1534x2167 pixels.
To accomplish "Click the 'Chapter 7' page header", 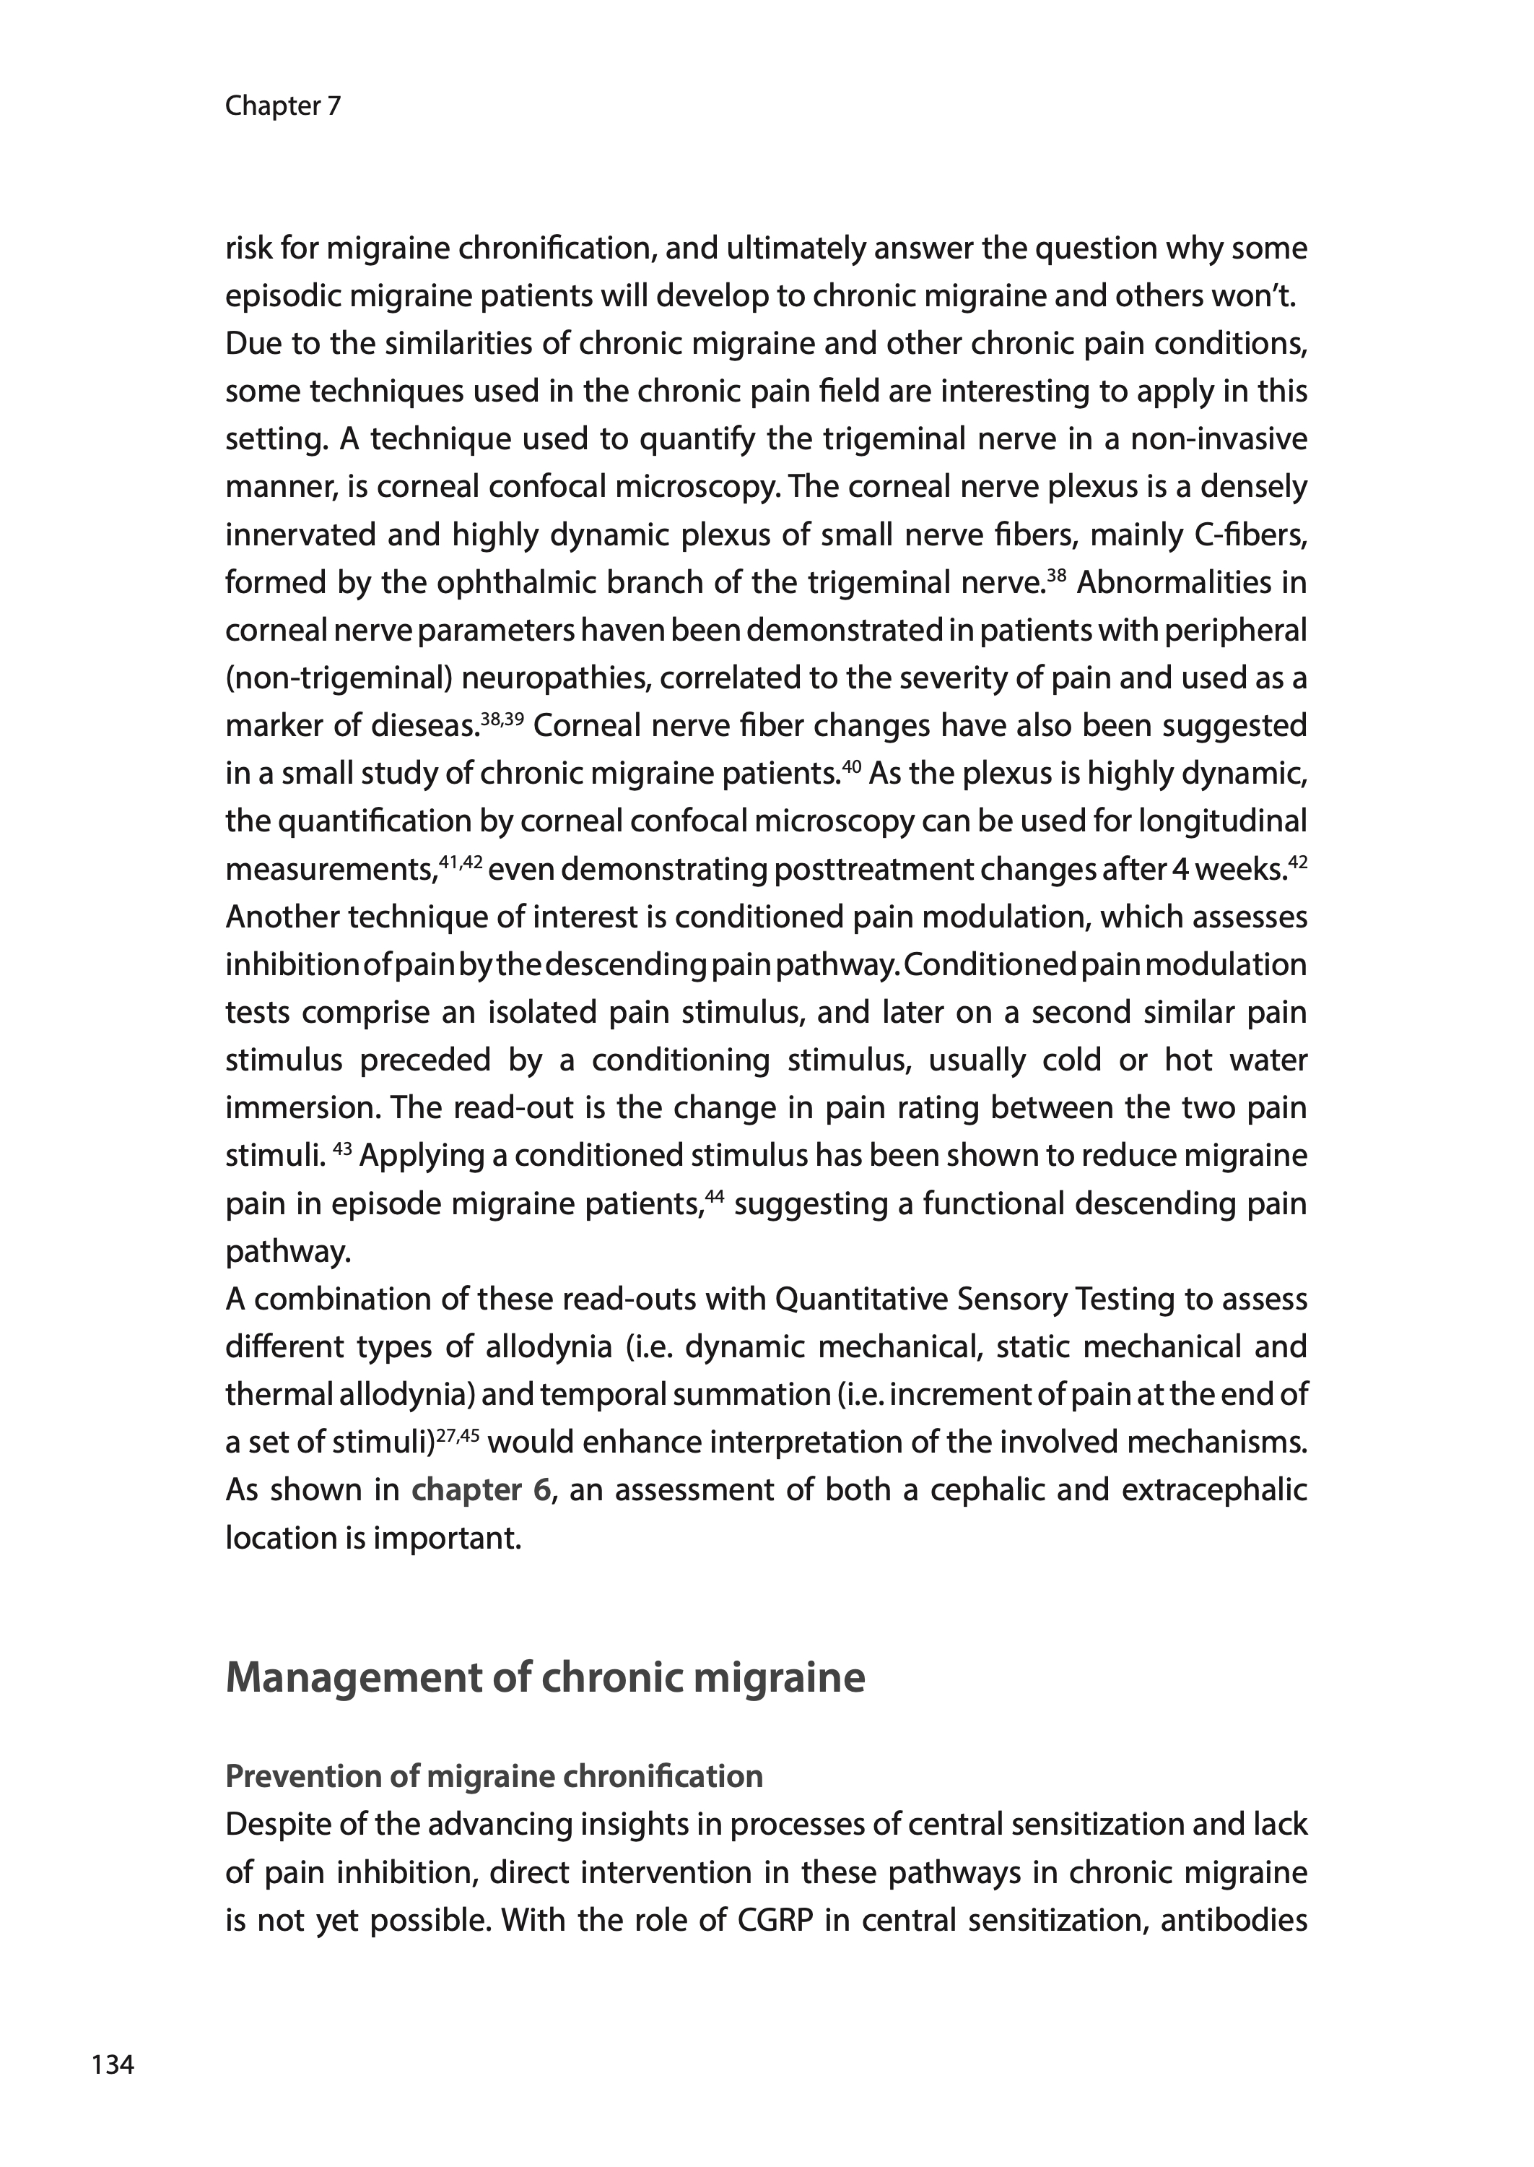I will (282, 106).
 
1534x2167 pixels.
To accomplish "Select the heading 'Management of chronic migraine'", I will (545, 1677).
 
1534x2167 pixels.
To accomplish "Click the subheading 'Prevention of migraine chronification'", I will (494, 1777).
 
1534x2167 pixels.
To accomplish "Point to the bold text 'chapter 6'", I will (481, 1490).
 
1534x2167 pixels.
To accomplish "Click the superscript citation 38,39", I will (502, 718).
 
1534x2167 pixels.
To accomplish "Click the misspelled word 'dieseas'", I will (420, 727).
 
